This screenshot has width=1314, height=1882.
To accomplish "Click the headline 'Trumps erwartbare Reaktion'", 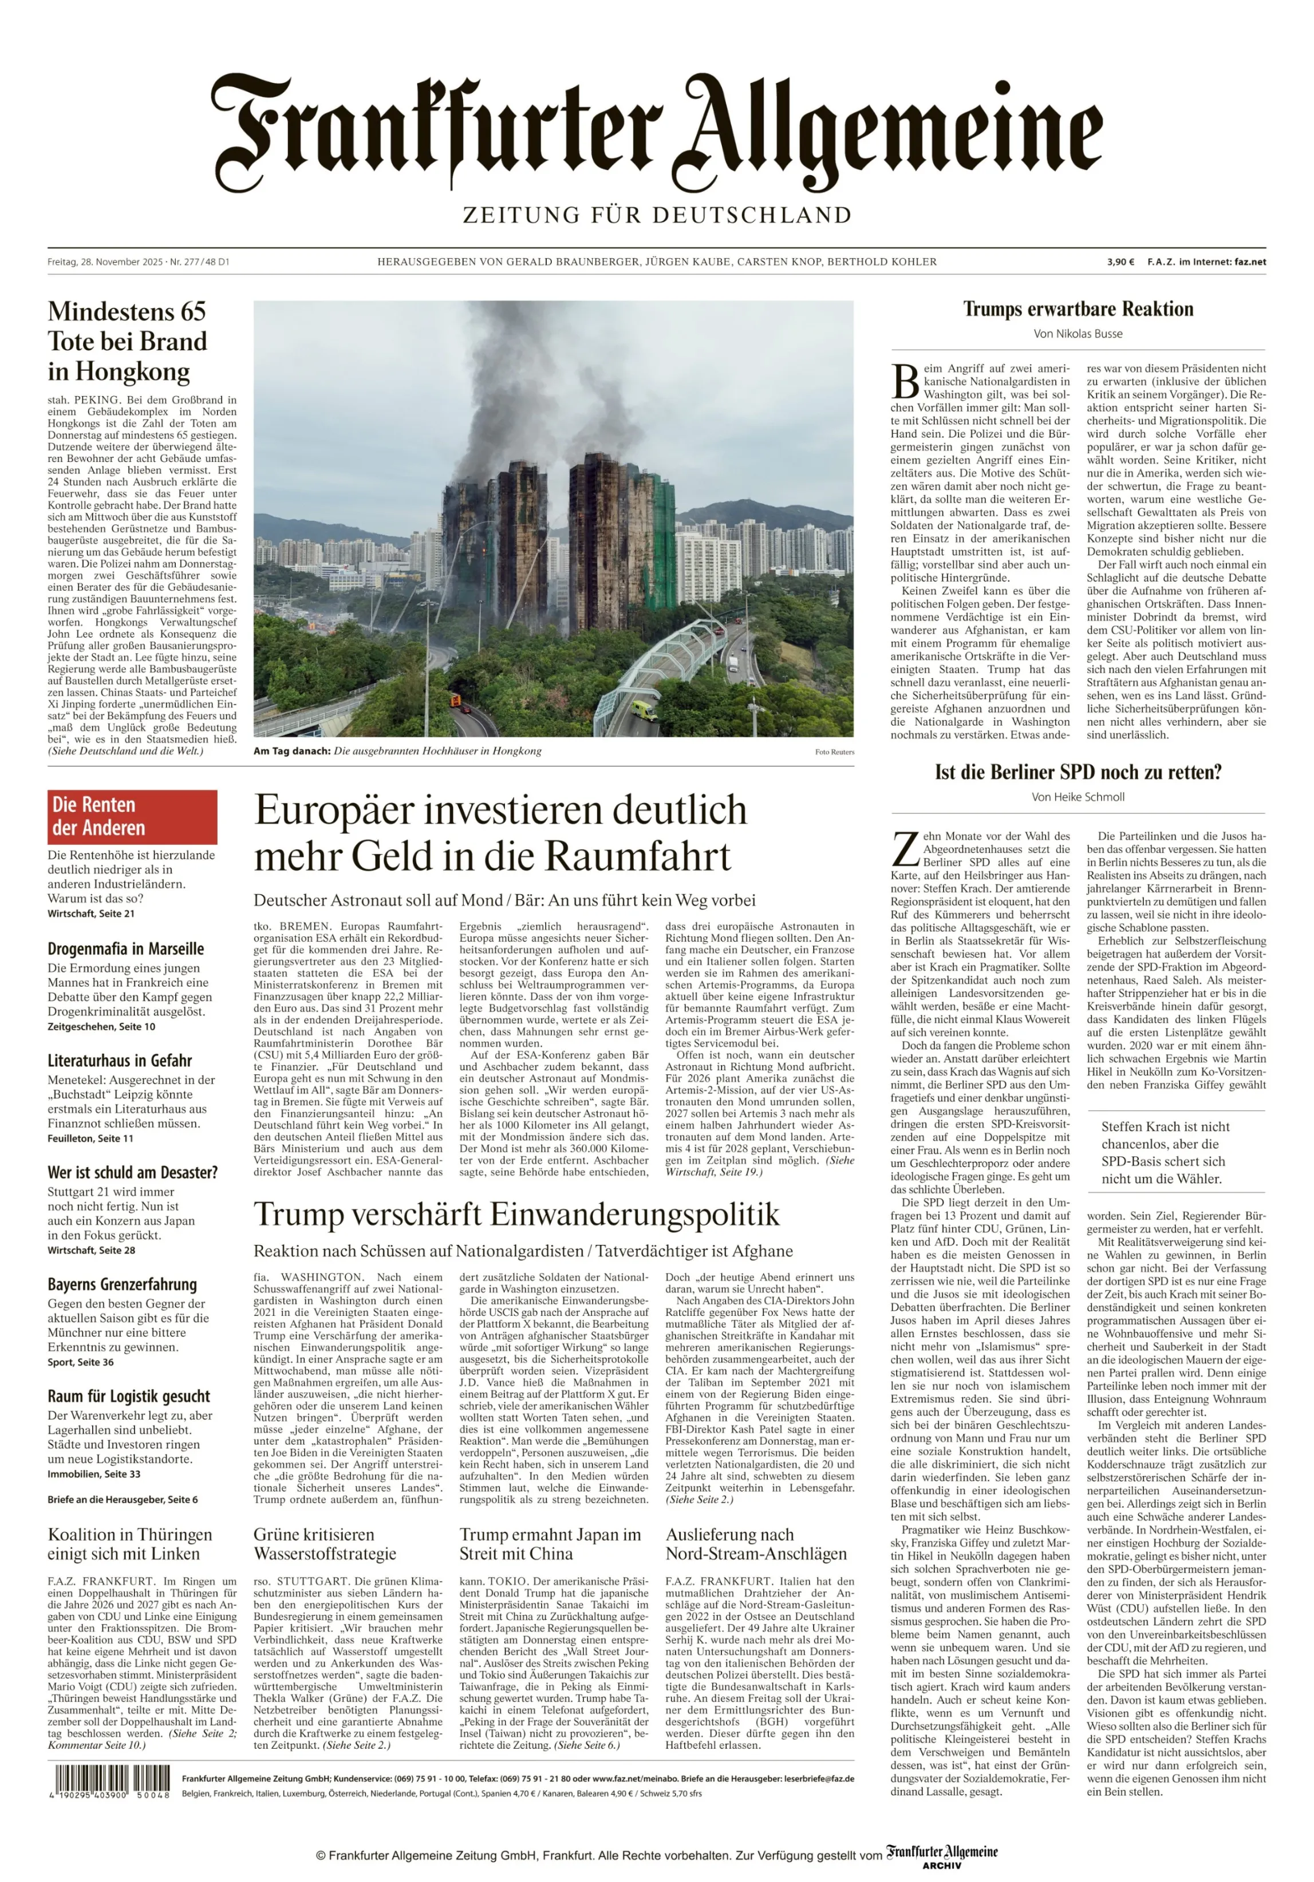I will coord(1077,309).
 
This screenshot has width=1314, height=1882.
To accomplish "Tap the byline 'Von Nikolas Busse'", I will coord(1077,334).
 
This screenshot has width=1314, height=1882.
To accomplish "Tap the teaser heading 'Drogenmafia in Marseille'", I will coord(125,948).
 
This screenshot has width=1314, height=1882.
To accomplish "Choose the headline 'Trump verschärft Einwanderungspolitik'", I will coord(516,1214).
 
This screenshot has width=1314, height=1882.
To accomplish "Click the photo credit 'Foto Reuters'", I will coord(834,752).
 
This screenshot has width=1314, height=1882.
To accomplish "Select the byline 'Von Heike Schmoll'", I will coord(1077,797).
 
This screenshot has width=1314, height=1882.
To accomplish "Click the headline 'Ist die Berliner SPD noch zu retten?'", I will coord(1077,772).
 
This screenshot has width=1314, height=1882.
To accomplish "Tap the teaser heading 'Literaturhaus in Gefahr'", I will coord(120,1061).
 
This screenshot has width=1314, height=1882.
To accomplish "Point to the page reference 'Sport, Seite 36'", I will coord(80,1362).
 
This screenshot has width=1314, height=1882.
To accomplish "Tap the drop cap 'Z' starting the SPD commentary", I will coord(903,848).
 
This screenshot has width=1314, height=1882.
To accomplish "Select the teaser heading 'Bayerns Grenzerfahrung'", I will coord(122,1284).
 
